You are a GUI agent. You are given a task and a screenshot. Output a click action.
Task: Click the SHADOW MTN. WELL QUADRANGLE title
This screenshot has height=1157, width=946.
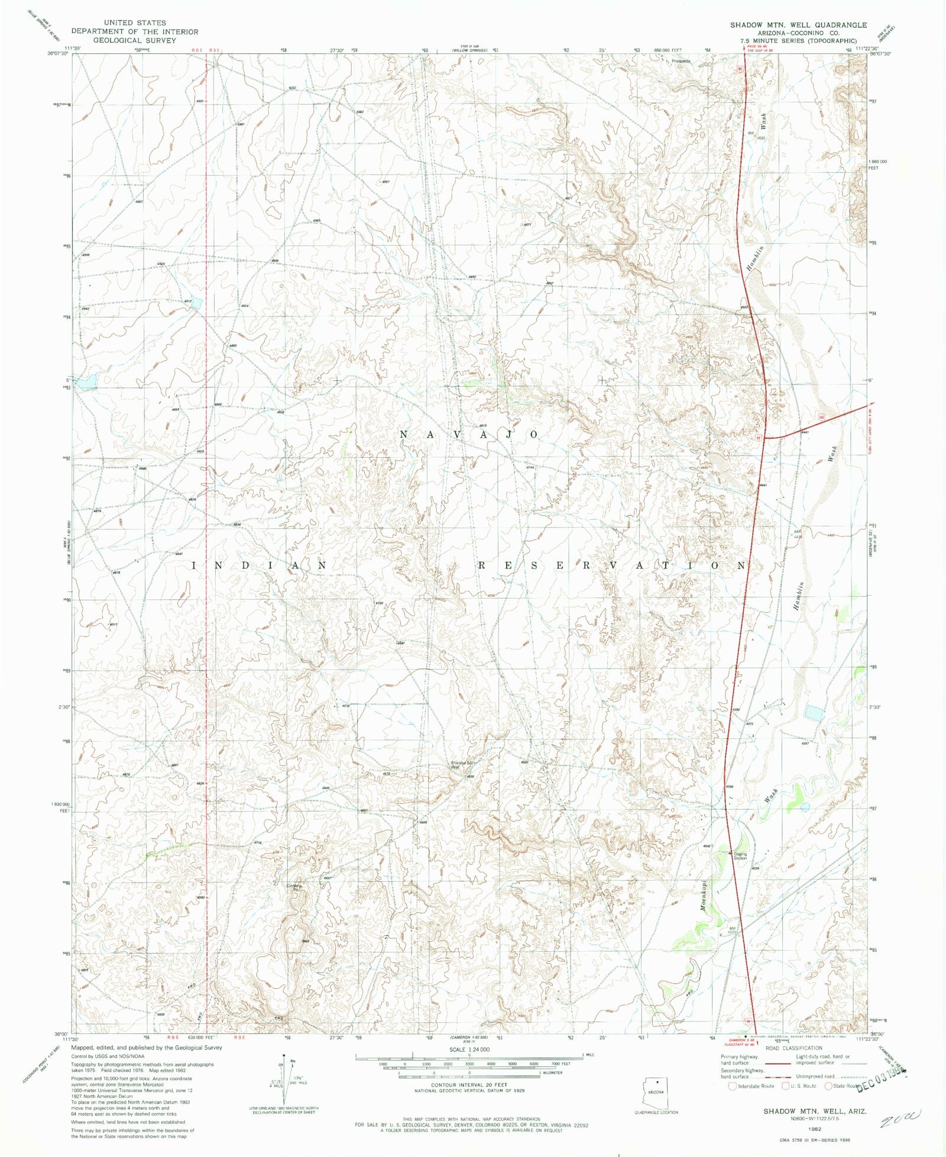click(x=798, y=25)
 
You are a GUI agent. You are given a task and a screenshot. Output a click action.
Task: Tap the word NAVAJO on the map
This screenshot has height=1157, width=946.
click(x=469, y=434)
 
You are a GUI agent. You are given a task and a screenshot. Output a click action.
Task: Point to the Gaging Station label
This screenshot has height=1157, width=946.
click(x=740, y=856)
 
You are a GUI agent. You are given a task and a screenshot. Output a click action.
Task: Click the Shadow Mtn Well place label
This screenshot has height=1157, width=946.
click(x=462, y=764)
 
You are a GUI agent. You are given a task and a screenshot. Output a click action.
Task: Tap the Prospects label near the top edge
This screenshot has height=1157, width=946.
click(x=681, y=61)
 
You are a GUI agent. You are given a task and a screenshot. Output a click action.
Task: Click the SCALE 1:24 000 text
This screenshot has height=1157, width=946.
click(x=469, y=1049)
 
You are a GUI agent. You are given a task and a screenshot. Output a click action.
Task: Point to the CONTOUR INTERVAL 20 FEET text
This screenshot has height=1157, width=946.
click(x=469, y=1085)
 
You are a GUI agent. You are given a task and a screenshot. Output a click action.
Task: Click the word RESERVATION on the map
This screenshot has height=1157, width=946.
click(x=612, y=566)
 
